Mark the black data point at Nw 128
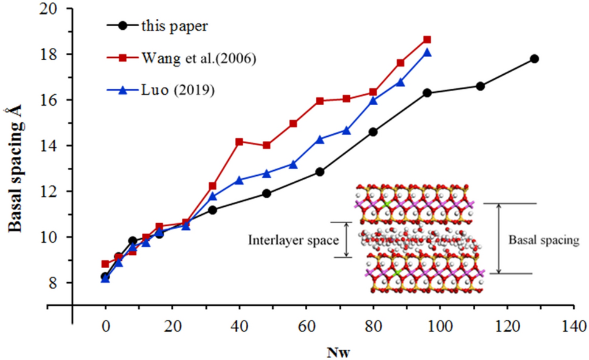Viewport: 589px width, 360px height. (x=534, y=59)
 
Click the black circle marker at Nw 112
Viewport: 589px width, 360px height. (x=480, y=86)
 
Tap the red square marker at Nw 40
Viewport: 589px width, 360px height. (x=239, y=142)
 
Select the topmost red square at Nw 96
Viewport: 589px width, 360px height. (x=427, y=40)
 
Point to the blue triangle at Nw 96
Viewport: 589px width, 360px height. (x=427, y=52)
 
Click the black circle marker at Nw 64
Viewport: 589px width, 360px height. (x=319, y=172)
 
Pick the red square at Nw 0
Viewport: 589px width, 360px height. (x=105, y=265)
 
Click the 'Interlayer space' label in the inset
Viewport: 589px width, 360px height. (x=293, y=240)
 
